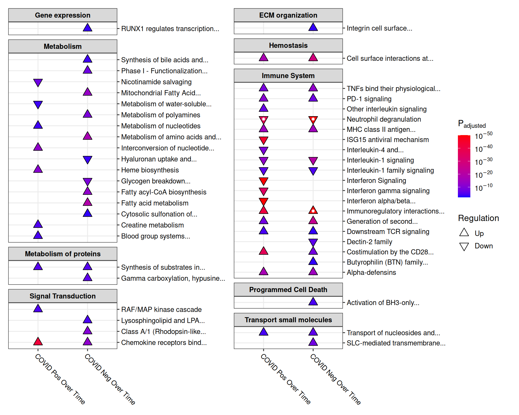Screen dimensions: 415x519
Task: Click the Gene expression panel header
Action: (63, 15)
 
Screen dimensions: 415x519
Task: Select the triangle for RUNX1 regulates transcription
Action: (88, 28)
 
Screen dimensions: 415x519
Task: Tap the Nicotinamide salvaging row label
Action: (156, 82)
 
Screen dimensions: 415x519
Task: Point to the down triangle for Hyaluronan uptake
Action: (88, 159)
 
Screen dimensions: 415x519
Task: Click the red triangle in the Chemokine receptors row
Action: (38, 342)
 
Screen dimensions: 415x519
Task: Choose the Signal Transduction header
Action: (63, 296)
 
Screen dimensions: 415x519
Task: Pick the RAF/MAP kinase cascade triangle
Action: (38, 309)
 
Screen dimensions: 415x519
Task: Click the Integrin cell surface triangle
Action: (313, 27)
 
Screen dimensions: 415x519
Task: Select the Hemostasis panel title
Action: (288, 45)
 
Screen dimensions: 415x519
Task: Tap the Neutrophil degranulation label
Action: (384, 119)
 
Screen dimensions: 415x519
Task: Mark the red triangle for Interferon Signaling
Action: (264, 181)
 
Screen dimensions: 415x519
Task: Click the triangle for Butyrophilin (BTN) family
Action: (313, 261)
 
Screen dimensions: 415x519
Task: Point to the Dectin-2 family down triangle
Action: (313, 242)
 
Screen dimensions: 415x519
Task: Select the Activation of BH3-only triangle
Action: (313, 302)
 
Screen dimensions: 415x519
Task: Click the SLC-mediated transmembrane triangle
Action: (313, 342)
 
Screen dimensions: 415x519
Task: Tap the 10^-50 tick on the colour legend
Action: (484, 136)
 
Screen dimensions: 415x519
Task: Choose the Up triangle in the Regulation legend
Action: (464, 232)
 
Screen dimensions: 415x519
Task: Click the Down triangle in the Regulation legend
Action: (464, 246)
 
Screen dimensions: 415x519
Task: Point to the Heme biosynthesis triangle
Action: (38, 169)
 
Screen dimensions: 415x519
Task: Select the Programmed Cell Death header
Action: (288, 290)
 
